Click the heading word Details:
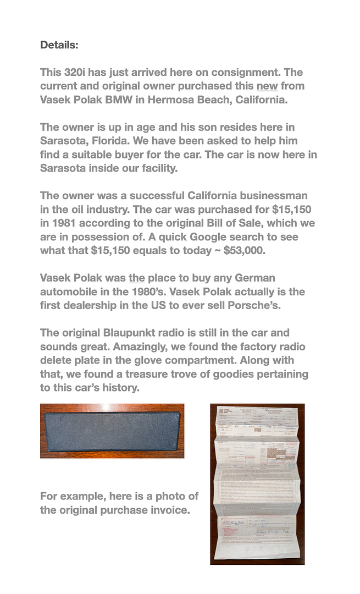[59, 45]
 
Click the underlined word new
[267, 86]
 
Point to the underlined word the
[137, 278]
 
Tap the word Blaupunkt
[132, 333]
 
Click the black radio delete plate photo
[112, 431]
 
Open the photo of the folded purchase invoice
[257, 484]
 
